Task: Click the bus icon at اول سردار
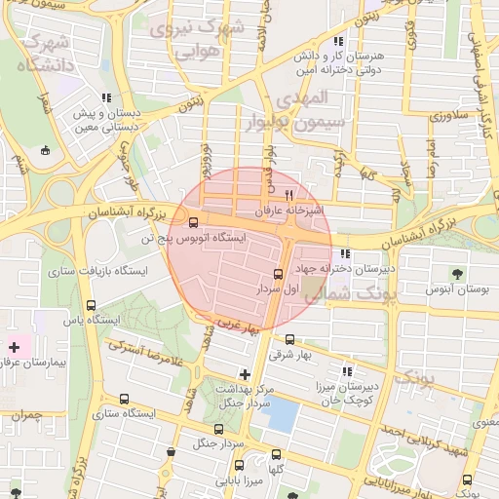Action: click(280, 274)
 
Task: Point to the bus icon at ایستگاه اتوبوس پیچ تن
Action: click(193, 221)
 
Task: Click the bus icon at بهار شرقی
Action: click(289, 339)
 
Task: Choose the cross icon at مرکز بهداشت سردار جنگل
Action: click(245, 373)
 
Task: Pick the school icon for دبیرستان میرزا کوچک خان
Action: click(347, 370)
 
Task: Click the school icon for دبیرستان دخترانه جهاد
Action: click(345, 253)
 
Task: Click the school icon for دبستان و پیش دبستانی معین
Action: click(105, 98)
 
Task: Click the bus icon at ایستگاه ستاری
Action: click(124, 399)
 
